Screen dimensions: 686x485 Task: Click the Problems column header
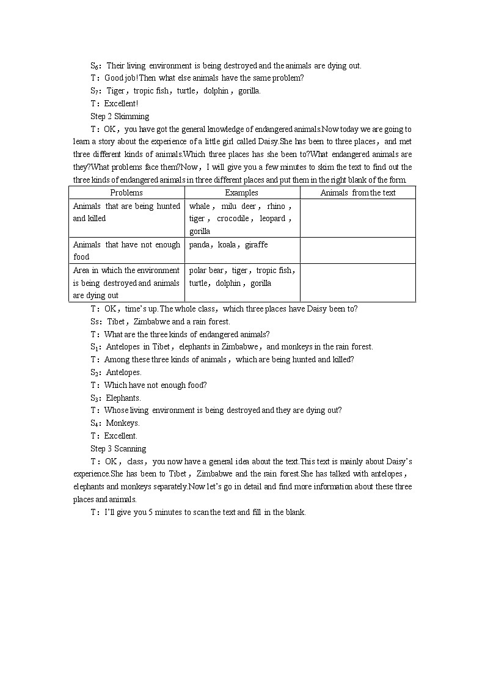coord(126,192)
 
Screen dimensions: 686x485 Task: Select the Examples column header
coord(242,192)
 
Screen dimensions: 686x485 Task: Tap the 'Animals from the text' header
coord(357,192)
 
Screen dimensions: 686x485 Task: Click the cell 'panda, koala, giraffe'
coord(228,244)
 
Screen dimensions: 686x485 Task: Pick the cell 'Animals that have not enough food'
coord(126,250)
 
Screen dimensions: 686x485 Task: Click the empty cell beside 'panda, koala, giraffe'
coord(357,250)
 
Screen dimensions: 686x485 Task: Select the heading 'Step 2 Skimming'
coord(120,116)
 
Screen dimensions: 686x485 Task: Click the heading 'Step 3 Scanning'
coord(119,448)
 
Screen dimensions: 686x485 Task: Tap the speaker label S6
coord(95,65)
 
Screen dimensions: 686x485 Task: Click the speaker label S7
coord(95,90)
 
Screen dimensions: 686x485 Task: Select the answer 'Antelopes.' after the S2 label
coord(123,372)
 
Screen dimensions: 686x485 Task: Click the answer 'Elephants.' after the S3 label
coord(123,398)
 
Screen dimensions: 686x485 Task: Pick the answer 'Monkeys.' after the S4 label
coord(123,423)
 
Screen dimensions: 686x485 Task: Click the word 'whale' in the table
coord(200,206)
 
